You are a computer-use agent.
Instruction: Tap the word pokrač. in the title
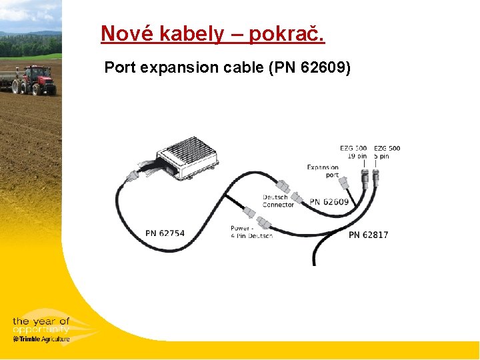click(x=287, y=33)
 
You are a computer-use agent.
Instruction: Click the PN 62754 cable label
click(x=165, y=233)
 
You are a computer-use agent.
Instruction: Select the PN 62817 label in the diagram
click(x=368, y=235)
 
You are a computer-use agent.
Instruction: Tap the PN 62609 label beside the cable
click(x=329, y=201)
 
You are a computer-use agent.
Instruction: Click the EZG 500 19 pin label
click(x=353, y=152)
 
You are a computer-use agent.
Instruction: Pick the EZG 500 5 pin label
click(x=387, y=152)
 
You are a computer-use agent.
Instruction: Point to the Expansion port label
click(x=323, y=171)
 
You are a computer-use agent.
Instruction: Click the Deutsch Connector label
click(x=277, y=201)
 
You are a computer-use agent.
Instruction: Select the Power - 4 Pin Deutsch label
click(x=251, y=232)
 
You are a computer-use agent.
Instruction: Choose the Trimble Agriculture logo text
click(x=41, y=339)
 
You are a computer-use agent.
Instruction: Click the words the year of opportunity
click(x=41, y=325)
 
